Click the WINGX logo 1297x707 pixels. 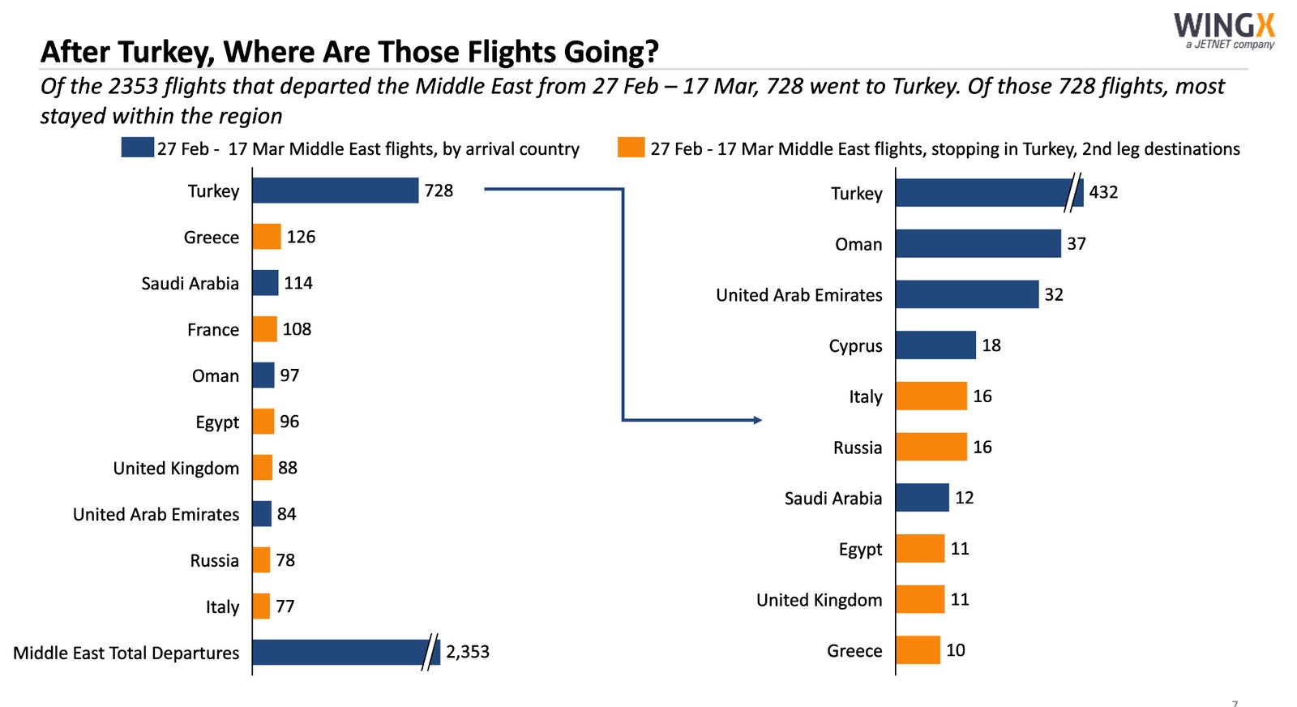coord(1224,29)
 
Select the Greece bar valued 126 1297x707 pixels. coord(267,237)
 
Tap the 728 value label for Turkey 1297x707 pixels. coord(439,191)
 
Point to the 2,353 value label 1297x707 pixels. coord(468,652)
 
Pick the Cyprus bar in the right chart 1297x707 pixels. coord(935,345)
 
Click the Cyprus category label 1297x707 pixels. coord(855,346)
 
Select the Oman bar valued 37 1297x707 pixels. coord(978,244)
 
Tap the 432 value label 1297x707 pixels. coord(1103,193)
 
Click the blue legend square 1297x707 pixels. coord(137,148)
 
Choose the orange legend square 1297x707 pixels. coord(631,148)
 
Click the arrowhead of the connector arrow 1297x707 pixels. coord(757,420)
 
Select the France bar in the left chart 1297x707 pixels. coord(265,329)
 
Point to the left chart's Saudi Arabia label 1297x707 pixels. coord(190,284)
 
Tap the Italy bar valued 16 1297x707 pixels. coord(931,396)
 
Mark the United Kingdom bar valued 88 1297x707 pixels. coord(263,468)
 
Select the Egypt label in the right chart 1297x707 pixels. coord(860,550)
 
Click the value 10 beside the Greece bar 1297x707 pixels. coord(956,650)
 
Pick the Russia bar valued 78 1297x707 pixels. coord(261,560)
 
